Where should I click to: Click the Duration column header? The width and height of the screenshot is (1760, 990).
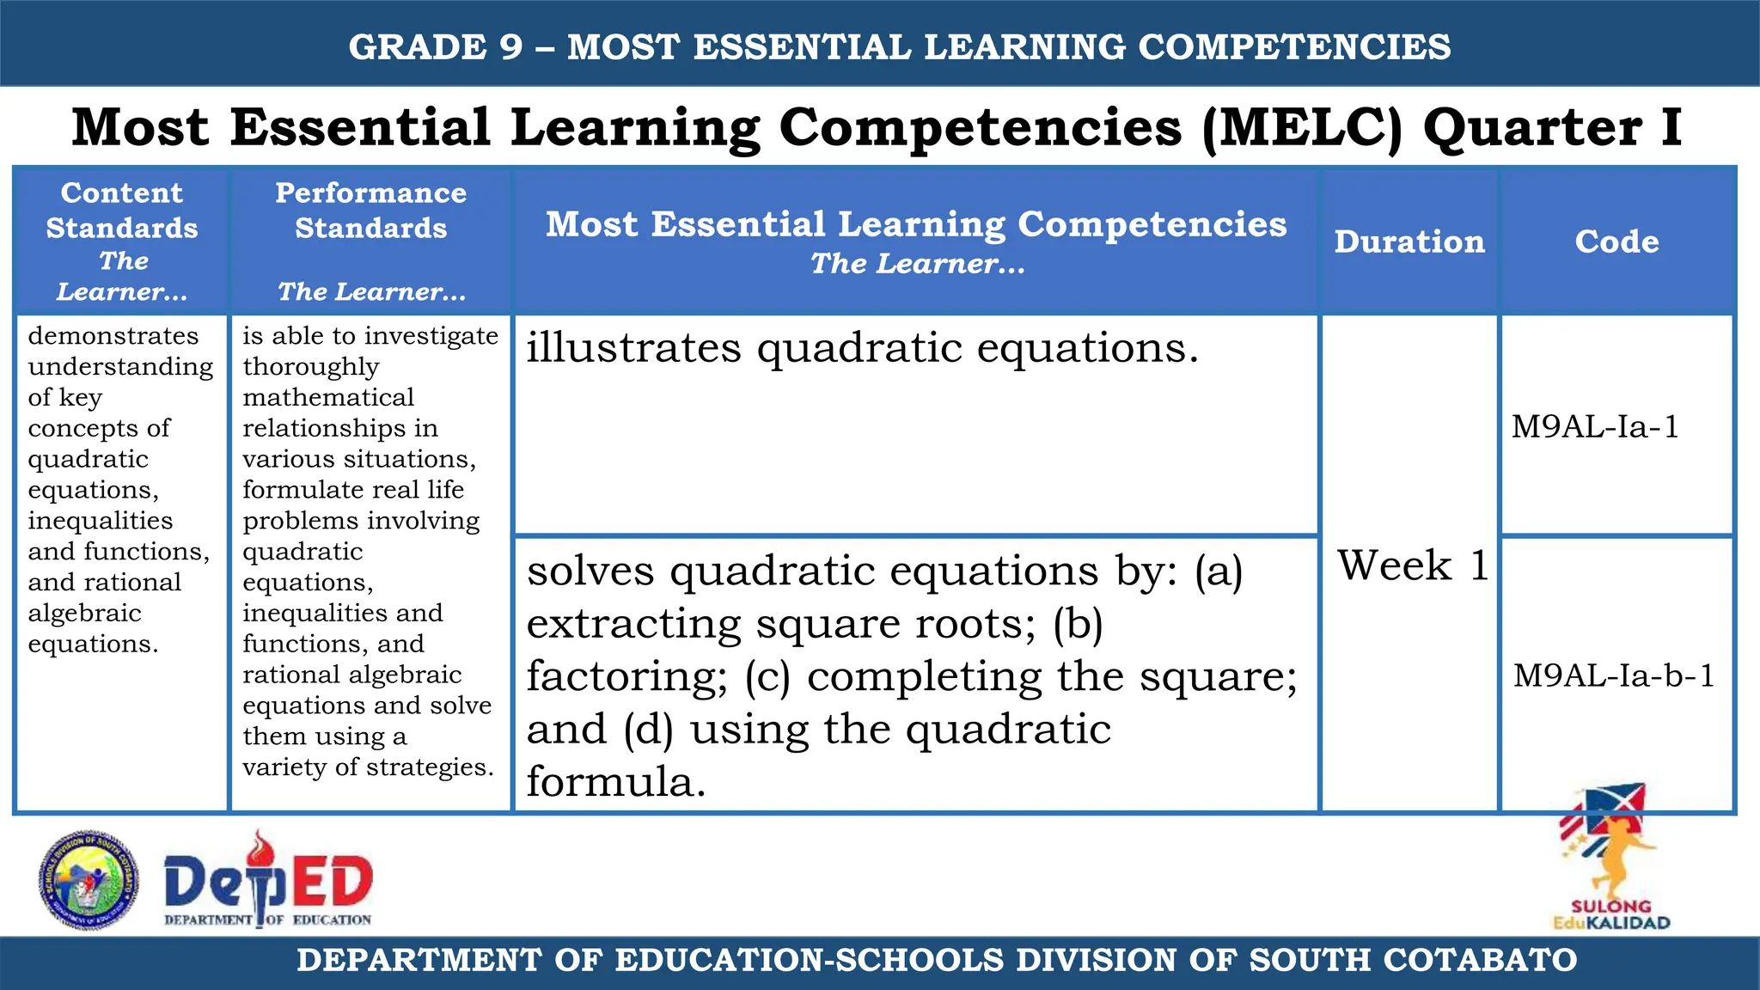(1409, 241)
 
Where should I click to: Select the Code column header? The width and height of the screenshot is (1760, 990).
(1616, 241)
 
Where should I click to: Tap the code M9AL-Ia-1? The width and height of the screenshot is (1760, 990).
(1595, 427)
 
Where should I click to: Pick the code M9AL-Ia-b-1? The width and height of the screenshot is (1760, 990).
(1614, 675)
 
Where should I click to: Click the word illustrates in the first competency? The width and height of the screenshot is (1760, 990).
(633, 348)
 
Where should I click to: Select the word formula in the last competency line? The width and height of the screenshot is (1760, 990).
(615, 782)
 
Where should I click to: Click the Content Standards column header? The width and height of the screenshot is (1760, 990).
(122, 211)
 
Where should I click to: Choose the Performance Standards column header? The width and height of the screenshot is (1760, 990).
(370, 211)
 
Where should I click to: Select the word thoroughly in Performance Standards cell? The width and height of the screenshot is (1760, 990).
(310, 367)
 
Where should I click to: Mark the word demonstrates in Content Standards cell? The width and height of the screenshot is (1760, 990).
(113, 336)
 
